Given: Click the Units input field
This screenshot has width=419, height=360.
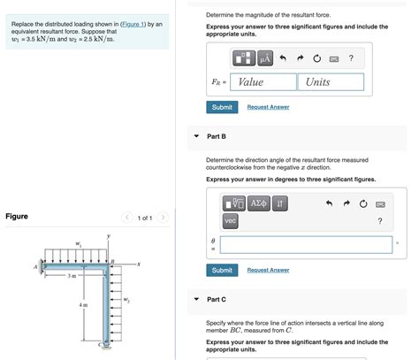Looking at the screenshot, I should coord(330,82).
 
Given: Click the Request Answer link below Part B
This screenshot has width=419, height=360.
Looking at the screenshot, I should coord(268,270).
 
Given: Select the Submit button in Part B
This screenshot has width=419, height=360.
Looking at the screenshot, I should coord(222,270).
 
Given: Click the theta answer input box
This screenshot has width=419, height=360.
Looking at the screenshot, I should coord(306,245).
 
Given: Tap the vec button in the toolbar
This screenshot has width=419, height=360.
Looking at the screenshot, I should coord(230,220).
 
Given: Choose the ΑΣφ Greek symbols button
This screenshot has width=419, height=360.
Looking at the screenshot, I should coord(258,203).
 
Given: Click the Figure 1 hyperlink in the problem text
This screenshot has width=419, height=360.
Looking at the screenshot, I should coord(135,24).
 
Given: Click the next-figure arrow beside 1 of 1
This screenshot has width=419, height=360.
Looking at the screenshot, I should coord(163,217).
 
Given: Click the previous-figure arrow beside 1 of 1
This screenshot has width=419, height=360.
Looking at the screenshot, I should coord(127,217).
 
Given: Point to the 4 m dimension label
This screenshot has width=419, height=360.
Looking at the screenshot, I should coord(83,305).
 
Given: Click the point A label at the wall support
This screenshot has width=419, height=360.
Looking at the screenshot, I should coord(36,265).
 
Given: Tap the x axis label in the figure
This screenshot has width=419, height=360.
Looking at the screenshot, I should coord(139,264).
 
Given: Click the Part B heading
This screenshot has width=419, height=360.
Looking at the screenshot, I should coord(217,137).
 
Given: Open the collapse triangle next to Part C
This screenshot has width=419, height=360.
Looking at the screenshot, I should coord(196,299).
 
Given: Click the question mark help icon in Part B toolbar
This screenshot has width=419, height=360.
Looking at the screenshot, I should coord(379,221).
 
